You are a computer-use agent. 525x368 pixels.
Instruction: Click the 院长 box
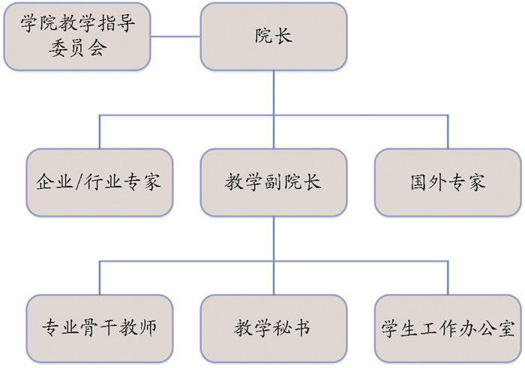pos(274,36)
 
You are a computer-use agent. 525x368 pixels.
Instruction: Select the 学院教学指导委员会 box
pos(76,36)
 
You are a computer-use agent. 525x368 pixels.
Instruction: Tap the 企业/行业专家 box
pos(99,182)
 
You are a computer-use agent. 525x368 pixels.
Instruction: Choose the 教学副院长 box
pos(274,182)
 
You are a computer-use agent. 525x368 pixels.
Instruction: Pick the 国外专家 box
pos(448,182)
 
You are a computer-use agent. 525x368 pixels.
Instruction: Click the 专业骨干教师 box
pos(99,328)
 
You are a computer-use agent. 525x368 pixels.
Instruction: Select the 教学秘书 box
pos(274,328)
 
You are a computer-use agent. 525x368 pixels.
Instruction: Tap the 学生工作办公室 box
pos(448,328)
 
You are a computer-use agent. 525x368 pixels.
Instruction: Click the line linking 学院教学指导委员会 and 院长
pos(175,36)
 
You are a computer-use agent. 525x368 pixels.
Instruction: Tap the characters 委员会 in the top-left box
pos(76,49)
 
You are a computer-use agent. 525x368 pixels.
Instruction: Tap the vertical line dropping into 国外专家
pos(448,131)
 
